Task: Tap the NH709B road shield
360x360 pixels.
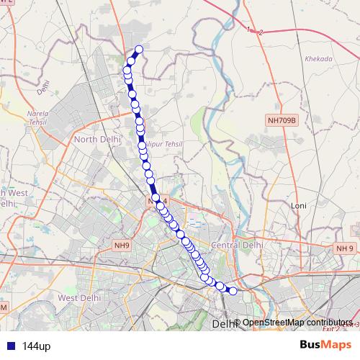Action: pyautogui.click(x=281, y=122)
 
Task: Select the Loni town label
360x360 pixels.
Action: pyautogui.click(x=299, y=205)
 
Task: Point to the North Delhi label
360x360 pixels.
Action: pyautogui.click(x=95, y=139)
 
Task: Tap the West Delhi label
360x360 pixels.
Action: pyautogui.click(x=78, y=297)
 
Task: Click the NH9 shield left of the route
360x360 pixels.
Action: pyautogui.click(x=122, y=246)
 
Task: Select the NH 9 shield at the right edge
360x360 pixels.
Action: pyautogui.click(x=345, y=248)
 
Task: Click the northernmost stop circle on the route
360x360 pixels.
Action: pyautogui.click(x=139, y=49)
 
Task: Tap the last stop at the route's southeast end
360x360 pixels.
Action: pyautogui.click(x=232, y=291)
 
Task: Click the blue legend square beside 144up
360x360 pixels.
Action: pyautogui.click(x=10, y=346)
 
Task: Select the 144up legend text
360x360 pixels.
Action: pyautogui.click(x=36, y=346)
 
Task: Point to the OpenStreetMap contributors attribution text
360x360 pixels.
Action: pyautogui.click(x=297, y=323)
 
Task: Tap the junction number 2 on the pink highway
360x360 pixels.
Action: pyautogui.click(x=261, y=32)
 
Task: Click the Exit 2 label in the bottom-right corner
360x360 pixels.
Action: pyautogui.click(x=332, y=328)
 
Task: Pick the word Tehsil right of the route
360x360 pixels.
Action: pyautogui.click(x=172, y=144)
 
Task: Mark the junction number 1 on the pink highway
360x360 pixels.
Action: pyautogui.click(x=249, y=29)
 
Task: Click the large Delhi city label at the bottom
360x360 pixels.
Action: pyautogui.click(x=224, y=325)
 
